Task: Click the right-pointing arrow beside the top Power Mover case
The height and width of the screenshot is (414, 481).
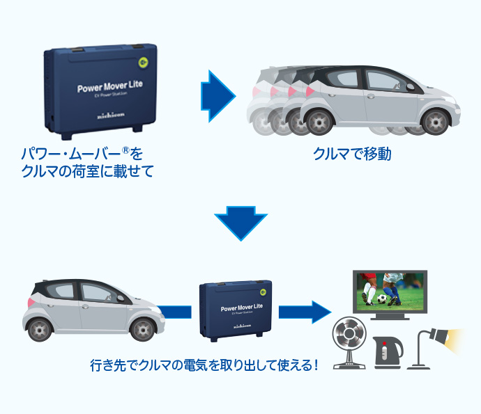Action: [218, 96]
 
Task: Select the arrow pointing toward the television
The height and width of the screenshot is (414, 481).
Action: [305, 312]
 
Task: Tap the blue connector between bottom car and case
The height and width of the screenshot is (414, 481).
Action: [175, 312]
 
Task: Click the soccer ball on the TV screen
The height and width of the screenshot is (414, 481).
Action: [381, 298]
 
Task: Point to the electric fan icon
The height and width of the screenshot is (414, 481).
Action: [349, 342]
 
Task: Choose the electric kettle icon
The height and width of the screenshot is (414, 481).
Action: [388, 352]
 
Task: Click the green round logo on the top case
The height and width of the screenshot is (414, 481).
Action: [143, 63]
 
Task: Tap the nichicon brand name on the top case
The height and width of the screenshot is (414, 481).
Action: [111, 116]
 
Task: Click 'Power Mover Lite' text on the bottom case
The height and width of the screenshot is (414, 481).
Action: [242, 307]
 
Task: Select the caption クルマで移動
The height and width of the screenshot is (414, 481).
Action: [352, 154]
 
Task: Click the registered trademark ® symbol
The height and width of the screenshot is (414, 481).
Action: [125, 150]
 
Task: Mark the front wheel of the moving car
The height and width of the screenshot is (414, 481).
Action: [435, 122]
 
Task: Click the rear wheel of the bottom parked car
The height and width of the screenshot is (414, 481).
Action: [40, 330]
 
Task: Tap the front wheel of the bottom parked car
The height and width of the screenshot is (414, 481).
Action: [143, 330]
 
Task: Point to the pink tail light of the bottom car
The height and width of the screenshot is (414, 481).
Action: [31, 302]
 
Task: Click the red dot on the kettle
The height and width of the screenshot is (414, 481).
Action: [384, 343]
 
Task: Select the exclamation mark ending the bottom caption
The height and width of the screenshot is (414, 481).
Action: [316, 365]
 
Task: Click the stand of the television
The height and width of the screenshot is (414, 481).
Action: [390, 317]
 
